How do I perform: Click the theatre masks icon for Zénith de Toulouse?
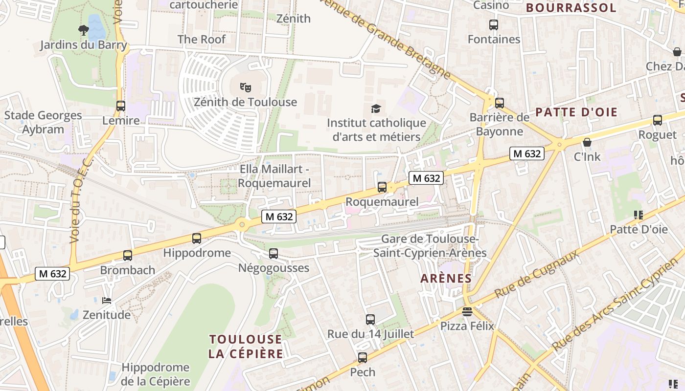245,87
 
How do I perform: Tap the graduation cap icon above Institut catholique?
375,109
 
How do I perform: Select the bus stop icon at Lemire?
120,106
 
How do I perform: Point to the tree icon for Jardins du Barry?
83,30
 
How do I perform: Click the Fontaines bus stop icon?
494,24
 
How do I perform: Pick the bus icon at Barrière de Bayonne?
499,103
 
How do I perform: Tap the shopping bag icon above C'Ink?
587,142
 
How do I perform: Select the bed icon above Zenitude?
106,300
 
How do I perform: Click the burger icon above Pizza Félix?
467,311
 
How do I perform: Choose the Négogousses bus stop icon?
274,254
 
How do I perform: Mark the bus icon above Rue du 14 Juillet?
370,320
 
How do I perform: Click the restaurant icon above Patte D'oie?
638,215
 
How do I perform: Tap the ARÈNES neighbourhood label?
446,279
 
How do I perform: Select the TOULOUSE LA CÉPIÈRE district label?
246,347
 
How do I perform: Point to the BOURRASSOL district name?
571,8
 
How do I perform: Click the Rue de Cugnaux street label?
537,274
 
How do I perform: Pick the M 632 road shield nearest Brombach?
52,274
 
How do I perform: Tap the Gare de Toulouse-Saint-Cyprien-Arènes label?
430,246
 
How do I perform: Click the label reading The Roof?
202,39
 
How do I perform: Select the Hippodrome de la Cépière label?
155,374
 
